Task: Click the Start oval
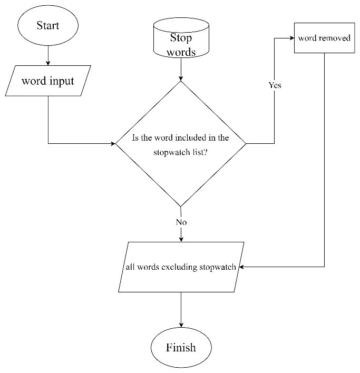pyautogui.click(x=48, y=26)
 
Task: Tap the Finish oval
pyautogui.click(x=181, y=348)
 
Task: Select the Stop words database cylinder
pyautogui.click(x=181, y=38)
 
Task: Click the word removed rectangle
pyautogui.click(x=324, y=38)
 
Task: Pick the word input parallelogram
pyautogui.click(x=48, y=81)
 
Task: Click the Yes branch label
pyautogui.click(x=275, y=85)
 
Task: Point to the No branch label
pyautogui.click(x=181, y=222)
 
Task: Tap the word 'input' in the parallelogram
pyautogui.click(x=62, y=82)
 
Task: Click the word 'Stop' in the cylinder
pyautogui.click(x=181, y=38)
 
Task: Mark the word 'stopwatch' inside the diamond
pyautogui.click(x=170, y=152)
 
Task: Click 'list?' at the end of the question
pyautogui.click(x=199, y=152)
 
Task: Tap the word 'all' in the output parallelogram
pyautogui.click(x=130, y=267)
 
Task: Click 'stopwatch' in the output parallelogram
pyautogui.click(x=217, y=267)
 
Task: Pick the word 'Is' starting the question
pyautogui.click(x=135, y=138)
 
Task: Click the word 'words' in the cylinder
pyautogui.click(x=181, y=52)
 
